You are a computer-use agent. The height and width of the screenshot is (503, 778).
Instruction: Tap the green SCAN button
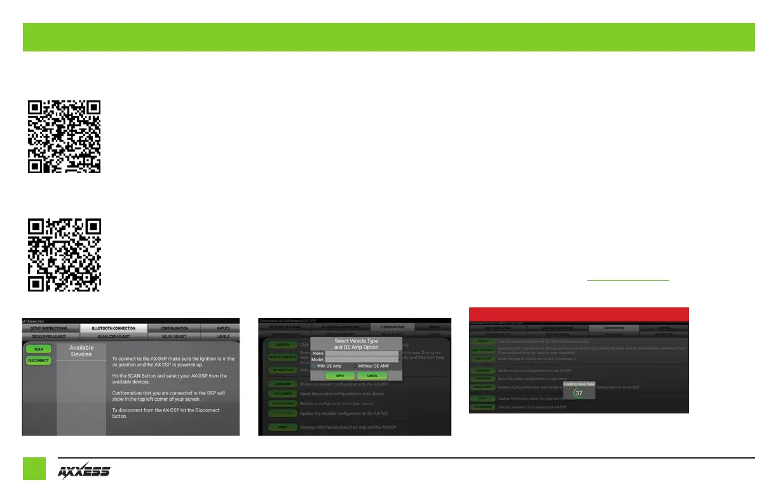[x=39, y=349]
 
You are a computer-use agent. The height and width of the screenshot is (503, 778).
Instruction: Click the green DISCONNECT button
[x=39, y=360]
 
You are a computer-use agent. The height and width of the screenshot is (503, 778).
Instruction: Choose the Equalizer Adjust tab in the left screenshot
[x=114, y=337]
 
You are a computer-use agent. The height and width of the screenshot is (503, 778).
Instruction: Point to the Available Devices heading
[x=81, y=351]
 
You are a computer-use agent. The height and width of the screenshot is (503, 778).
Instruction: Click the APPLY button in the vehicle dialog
[x=341, y=375]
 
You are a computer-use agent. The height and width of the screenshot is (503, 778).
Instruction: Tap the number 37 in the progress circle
[x=579, y=393]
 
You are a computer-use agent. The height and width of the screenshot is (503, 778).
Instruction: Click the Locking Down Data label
[x=578, y=384]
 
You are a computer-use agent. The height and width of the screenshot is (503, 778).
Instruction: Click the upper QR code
[x=64, y=136]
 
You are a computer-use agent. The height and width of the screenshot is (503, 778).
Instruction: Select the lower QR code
[x=64, y=254]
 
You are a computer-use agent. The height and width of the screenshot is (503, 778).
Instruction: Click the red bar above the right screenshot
[x=578, y=314]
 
